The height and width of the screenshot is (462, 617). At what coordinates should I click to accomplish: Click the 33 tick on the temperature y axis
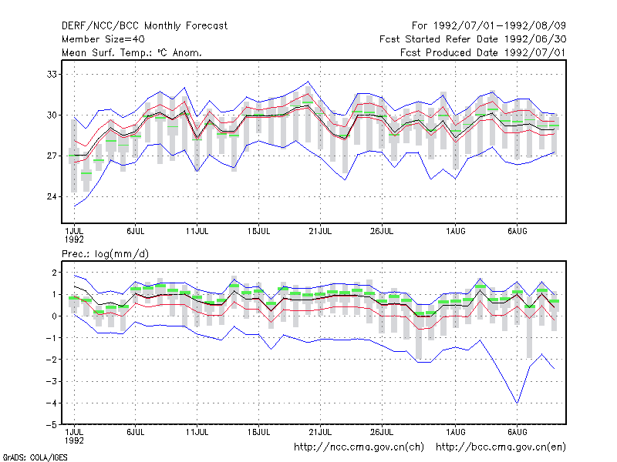pyautogui.click(x=52, y=74)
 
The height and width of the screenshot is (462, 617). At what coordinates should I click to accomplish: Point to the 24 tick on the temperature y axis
pyautogui.click(x=52, y=196)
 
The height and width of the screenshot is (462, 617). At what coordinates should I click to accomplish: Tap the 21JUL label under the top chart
pyautogui.click(x=320, y=232)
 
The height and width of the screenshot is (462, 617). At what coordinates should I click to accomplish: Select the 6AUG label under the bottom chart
pyautogui.click(x=517, y=432)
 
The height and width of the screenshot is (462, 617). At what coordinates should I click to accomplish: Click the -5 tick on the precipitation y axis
pyautogui.click(x=52, y=425)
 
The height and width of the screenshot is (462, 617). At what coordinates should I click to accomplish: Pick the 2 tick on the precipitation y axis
pyautogui.click(x=54, y=273)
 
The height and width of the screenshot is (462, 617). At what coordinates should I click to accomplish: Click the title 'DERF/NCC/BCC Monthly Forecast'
pyautogui.click(x=145, y=26)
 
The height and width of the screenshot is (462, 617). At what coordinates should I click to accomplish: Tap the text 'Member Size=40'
pyautogui.click(x=103, y=39)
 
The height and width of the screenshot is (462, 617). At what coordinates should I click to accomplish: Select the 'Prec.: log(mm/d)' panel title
pyautogui.click(x=105, y=254)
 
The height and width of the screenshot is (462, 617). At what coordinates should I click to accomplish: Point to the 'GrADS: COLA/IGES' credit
pyautogui.click(x=35, y=457)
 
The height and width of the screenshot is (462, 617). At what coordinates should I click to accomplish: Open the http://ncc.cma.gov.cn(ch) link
pyautogui.click(x=359, y=447)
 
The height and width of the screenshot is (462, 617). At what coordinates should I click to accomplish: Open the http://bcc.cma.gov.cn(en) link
pyautogui.click(x=501, y=447)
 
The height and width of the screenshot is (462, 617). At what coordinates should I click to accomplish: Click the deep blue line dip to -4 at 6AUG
pyautogui.click(x=517, y=403)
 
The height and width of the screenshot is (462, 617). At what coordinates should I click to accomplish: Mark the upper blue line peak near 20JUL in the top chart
pyautogui.click(x=308, y=82)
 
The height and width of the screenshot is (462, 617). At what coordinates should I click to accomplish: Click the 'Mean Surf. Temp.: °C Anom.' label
pyautogui.click(x=132, y=52)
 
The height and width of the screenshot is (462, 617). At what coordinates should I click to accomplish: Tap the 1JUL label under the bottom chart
pyautogui.click(x=74, y=436)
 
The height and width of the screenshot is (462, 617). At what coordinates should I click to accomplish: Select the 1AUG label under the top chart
pyautogui.click(x=456, y=232)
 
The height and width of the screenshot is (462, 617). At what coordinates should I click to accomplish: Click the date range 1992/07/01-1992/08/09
pyautogui.click(x=500, y=26)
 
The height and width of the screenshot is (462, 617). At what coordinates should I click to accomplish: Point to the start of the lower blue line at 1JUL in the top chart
pyautogui.click(x=74, y=206)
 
